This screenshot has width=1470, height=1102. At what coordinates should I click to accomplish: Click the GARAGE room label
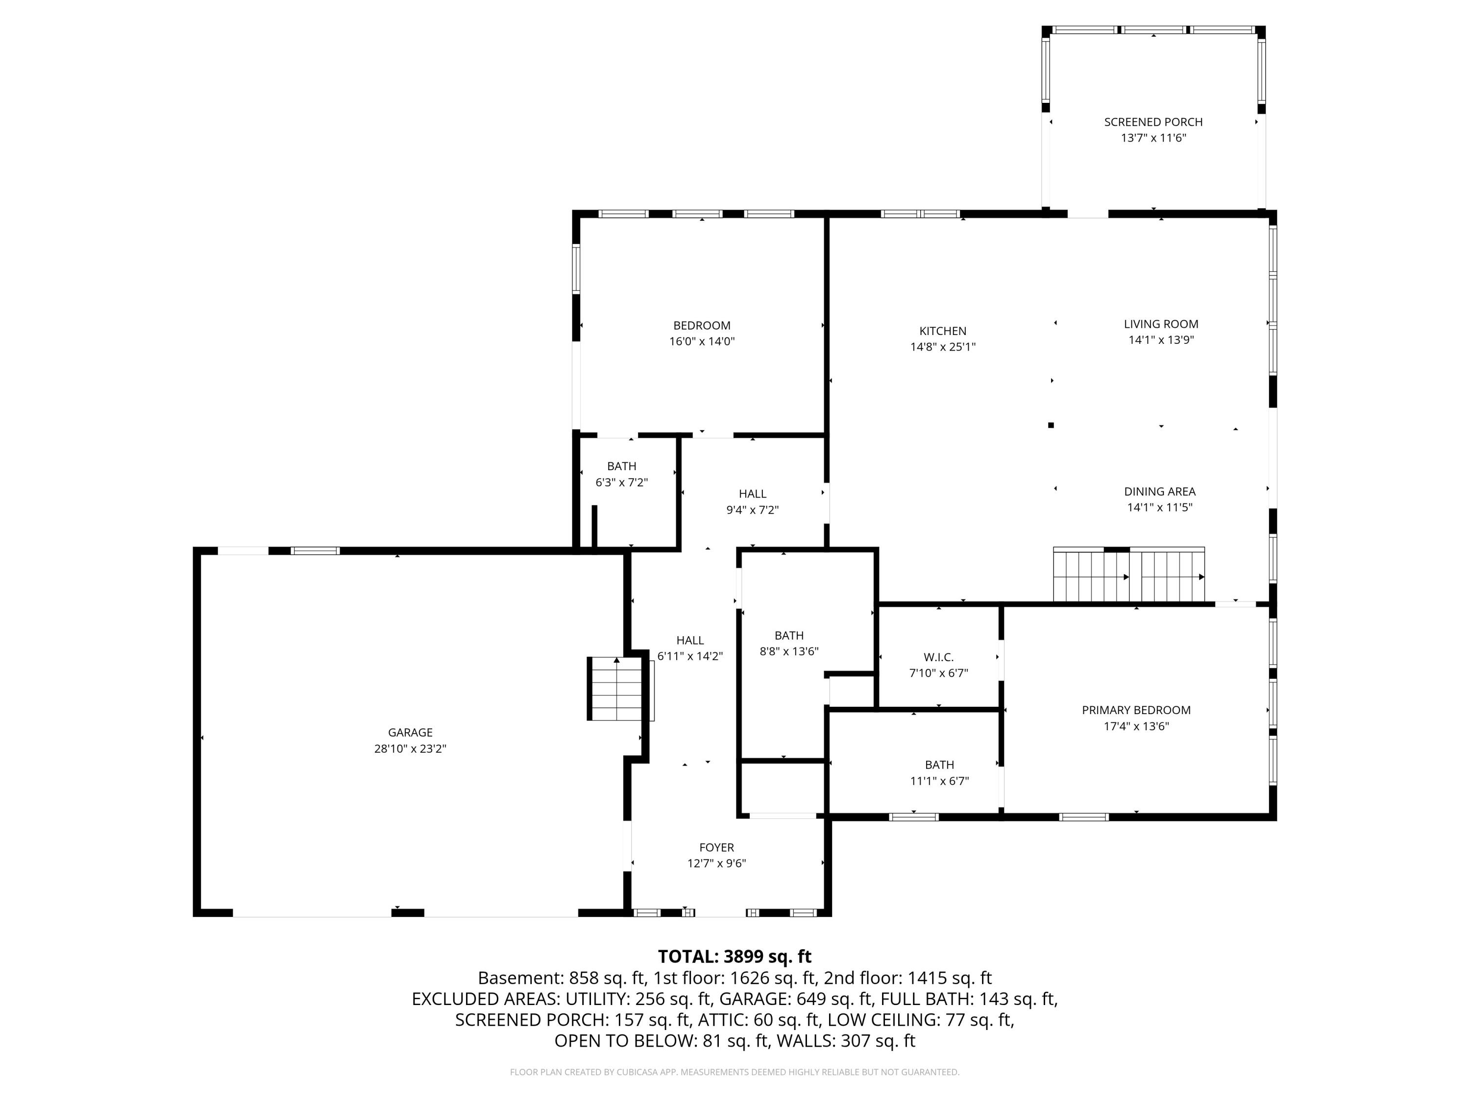[410, 732]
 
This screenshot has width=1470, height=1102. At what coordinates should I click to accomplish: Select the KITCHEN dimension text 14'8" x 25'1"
[942, 347]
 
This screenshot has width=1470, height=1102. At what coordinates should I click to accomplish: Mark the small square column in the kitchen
[1051, 425]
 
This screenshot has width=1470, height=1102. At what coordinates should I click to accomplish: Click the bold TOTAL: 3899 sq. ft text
[735, 956]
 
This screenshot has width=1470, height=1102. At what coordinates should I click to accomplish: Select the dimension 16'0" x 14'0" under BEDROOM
[702, 341]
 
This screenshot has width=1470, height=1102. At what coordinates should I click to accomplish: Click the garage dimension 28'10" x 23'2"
[410, 748]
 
